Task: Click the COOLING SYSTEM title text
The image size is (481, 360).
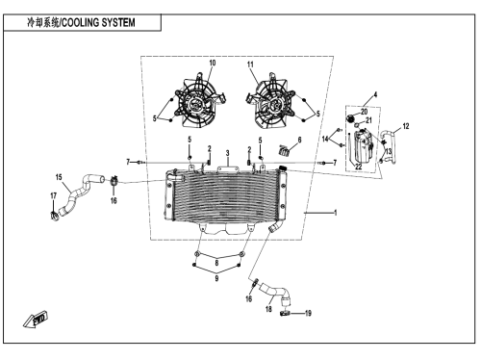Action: (98, 23)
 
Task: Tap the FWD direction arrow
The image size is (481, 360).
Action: (36, 320)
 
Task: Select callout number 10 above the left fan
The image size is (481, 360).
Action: (213, 63)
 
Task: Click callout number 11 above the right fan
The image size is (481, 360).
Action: (250, 64)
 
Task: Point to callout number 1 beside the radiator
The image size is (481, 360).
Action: (336, 213)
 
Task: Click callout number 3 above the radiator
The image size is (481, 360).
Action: (227, 153)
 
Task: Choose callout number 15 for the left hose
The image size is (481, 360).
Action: (59, 177)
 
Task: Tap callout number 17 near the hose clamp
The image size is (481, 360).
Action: (53, 195)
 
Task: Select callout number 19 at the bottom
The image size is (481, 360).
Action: (308, 313)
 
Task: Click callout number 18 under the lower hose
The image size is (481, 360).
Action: (268, 309)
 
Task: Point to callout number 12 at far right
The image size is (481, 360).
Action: (406, 126)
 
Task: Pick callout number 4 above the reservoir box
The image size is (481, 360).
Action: (375, 94)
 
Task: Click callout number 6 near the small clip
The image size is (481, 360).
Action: (299, 140)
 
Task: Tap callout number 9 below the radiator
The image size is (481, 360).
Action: (216, 278)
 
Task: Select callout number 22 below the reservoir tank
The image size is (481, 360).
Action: (358, 167)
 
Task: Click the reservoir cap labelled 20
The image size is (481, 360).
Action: (350, 118)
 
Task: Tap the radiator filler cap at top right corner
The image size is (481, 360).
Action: (283, 168)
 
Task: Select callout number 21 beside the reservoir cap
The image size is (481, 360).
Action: (368, 120)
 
